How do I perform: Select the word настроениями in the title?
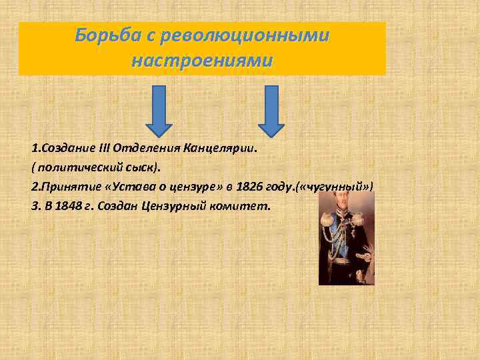tap(202, 61)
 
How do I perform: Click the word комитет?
tap(241, 206)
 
